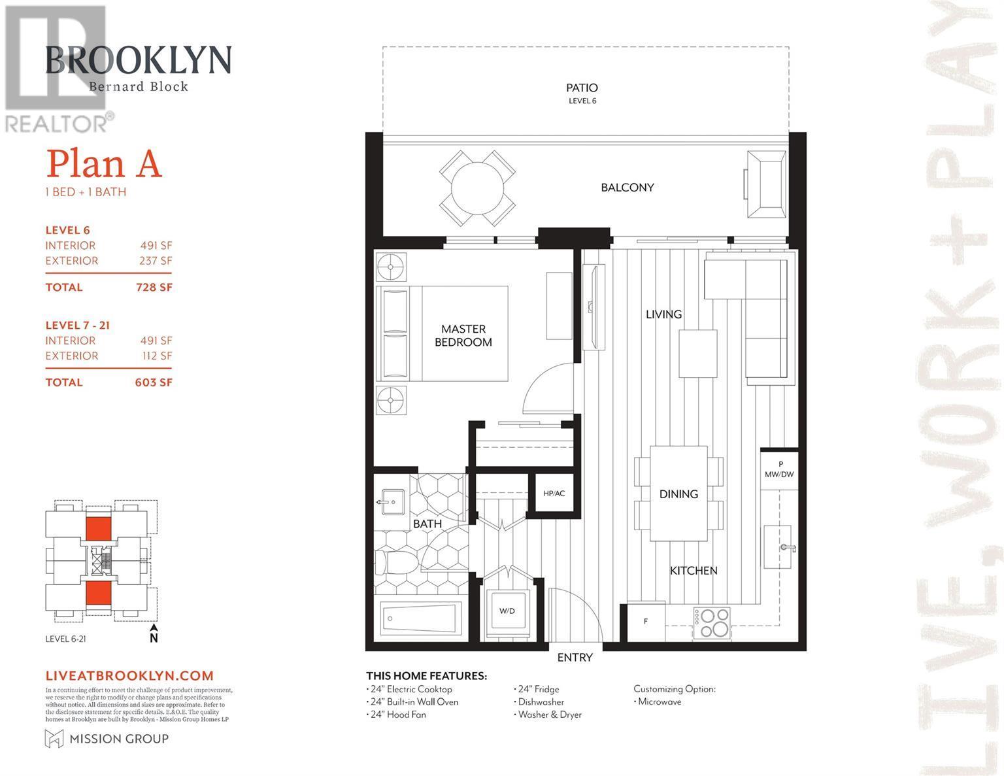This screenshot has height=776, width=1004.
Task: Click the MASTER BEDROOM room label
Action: pyautogui.click(x=463, y=335)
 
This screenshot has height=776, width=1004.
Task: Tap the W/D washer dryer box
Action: pyautogui.click(x=507, y=611)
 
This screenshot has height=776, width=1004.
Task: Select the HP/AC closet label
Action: pyautogui.click(x=554, y=493)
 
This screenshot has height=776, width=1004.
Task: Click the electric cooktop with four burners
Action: pyautogui.click(x=712, y=623)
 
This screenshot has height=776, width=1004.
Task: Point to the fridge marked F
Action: pyautogui.click(x=646, y=621)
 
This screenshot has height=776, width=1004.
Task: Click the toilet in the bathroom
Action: pyautogui.click(x=396, y=563)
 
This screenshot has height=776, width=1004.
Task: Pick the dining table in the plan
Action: pyautogui.click(x=678, y=494)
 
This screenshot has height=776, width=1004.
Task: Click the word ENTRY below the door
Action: pyautogui.click(x=575, y=658)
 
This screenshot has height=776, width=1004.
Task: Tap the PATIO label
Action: pyautogui.click(x=582, y=88)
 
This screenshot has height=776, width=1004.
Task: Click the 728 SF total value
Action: pyautogui.click(x=154, y=287)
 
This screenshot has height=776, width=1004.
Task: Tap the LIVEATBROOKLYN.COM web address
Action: pyautogui.click(x=129, y=676)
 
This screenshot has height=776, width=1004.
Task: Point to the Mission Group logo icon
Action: pyautogui.click(x=53, y=739)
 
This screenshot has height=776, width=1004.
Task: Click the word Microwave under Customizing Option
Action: pyautogui.click(x=660, y=701)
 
